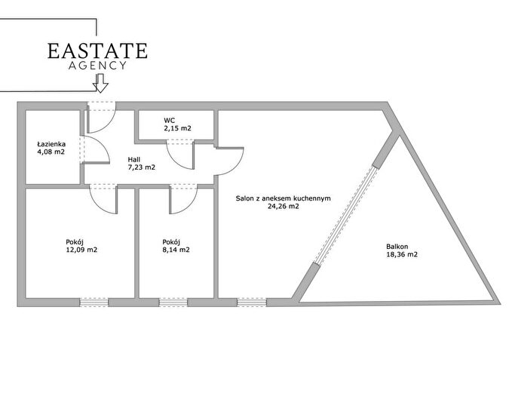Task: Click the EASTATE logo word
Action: coord(97,51)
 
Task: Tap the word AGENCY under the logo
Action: coord(97,66)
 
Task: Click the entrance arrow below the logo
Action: coord(100,83)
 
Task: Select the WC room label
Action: coord(169,121)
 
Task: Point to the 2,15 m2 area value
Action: coord(177,128)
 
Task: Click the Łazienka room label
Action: coord(51,144)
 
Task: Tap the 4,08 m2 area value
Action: coord(51,152)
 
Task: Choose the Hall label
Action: coord(134,160)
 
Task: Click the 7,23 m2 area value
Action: coord(142,167)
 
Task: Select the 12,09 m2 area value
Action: coord(81,250)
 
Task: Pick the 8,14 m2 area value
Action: coord(176,250)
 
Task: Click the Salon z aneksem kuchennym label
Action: coord(283,198)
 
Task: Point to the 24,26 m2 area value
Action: coord(283,206)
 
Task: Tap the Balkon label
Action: coord(397,247)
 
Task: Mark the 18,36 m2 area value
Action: coord(402,254)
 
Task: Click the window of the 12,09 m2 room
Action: coord(94,302)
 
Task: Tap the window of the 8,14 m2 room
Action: coord(173,302)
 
